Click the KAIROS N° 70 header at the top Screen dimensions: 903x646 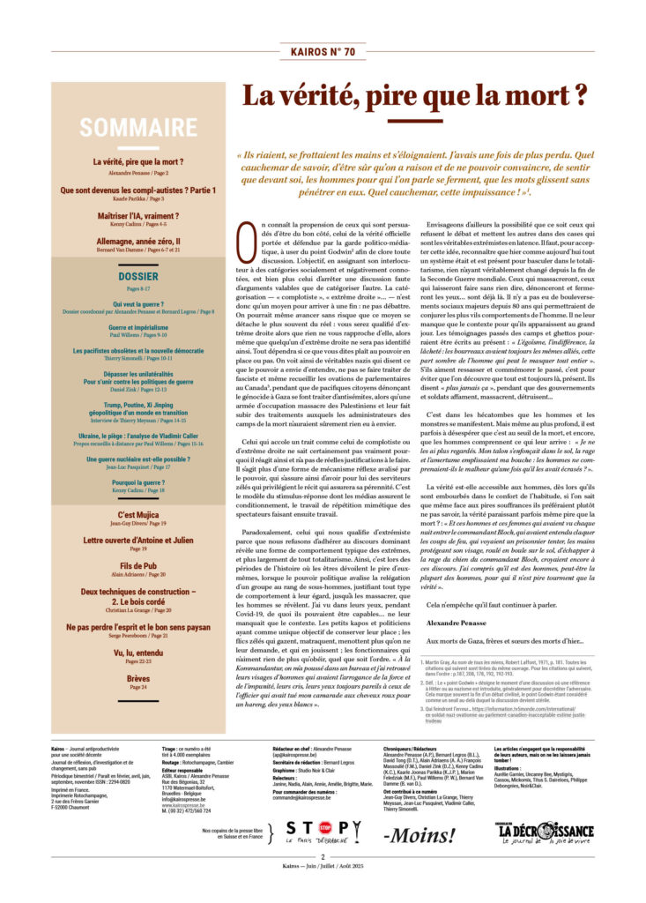(x=323, y=52)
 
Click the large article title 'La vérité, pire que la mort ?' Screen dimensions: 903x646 (x=415, y=95)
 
